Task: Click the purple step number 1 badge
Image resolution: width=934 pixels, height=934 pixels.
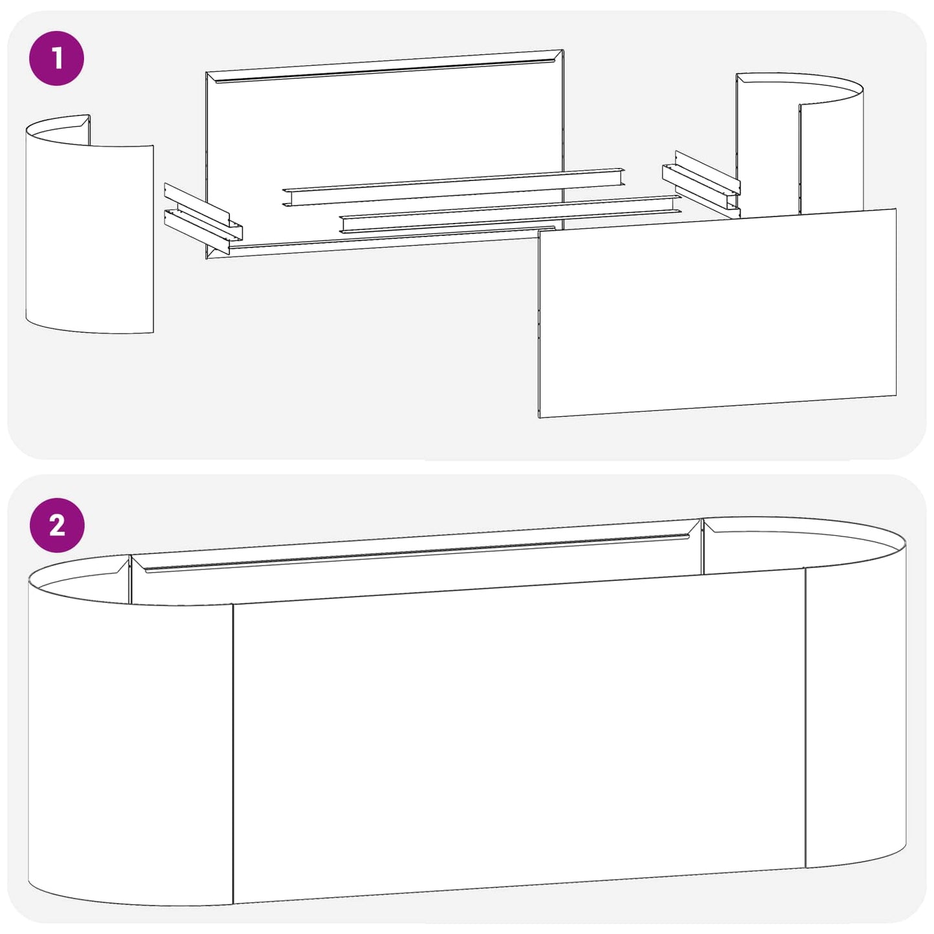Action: point(57,58)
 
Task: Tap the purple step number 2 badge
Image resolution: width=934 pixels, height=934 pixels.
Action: point(57,525)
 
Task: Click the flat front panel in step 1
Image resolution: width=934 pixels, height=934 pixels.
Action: point(717,313)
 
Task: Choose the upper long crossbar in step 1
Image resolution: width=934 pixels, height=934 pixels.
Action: point(454,187)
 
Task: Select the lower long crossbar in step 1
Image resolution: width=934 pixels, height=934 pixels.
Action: point(511,214)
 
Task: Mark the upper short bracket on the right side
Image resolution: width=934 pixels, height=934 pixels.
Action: point(708,171)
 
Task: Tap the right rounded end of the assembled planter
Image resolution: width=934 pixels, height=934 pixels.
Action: point(856,698)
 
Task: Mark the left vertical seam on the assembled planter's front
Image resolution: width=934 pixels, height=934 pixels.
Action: point(233,754)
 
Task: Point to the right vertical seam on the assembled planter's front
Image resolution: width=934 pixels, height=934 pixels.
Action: point(805,718)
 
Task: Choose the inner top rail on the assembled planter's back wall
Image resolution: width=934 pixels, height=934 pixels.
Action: point(417,553)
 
